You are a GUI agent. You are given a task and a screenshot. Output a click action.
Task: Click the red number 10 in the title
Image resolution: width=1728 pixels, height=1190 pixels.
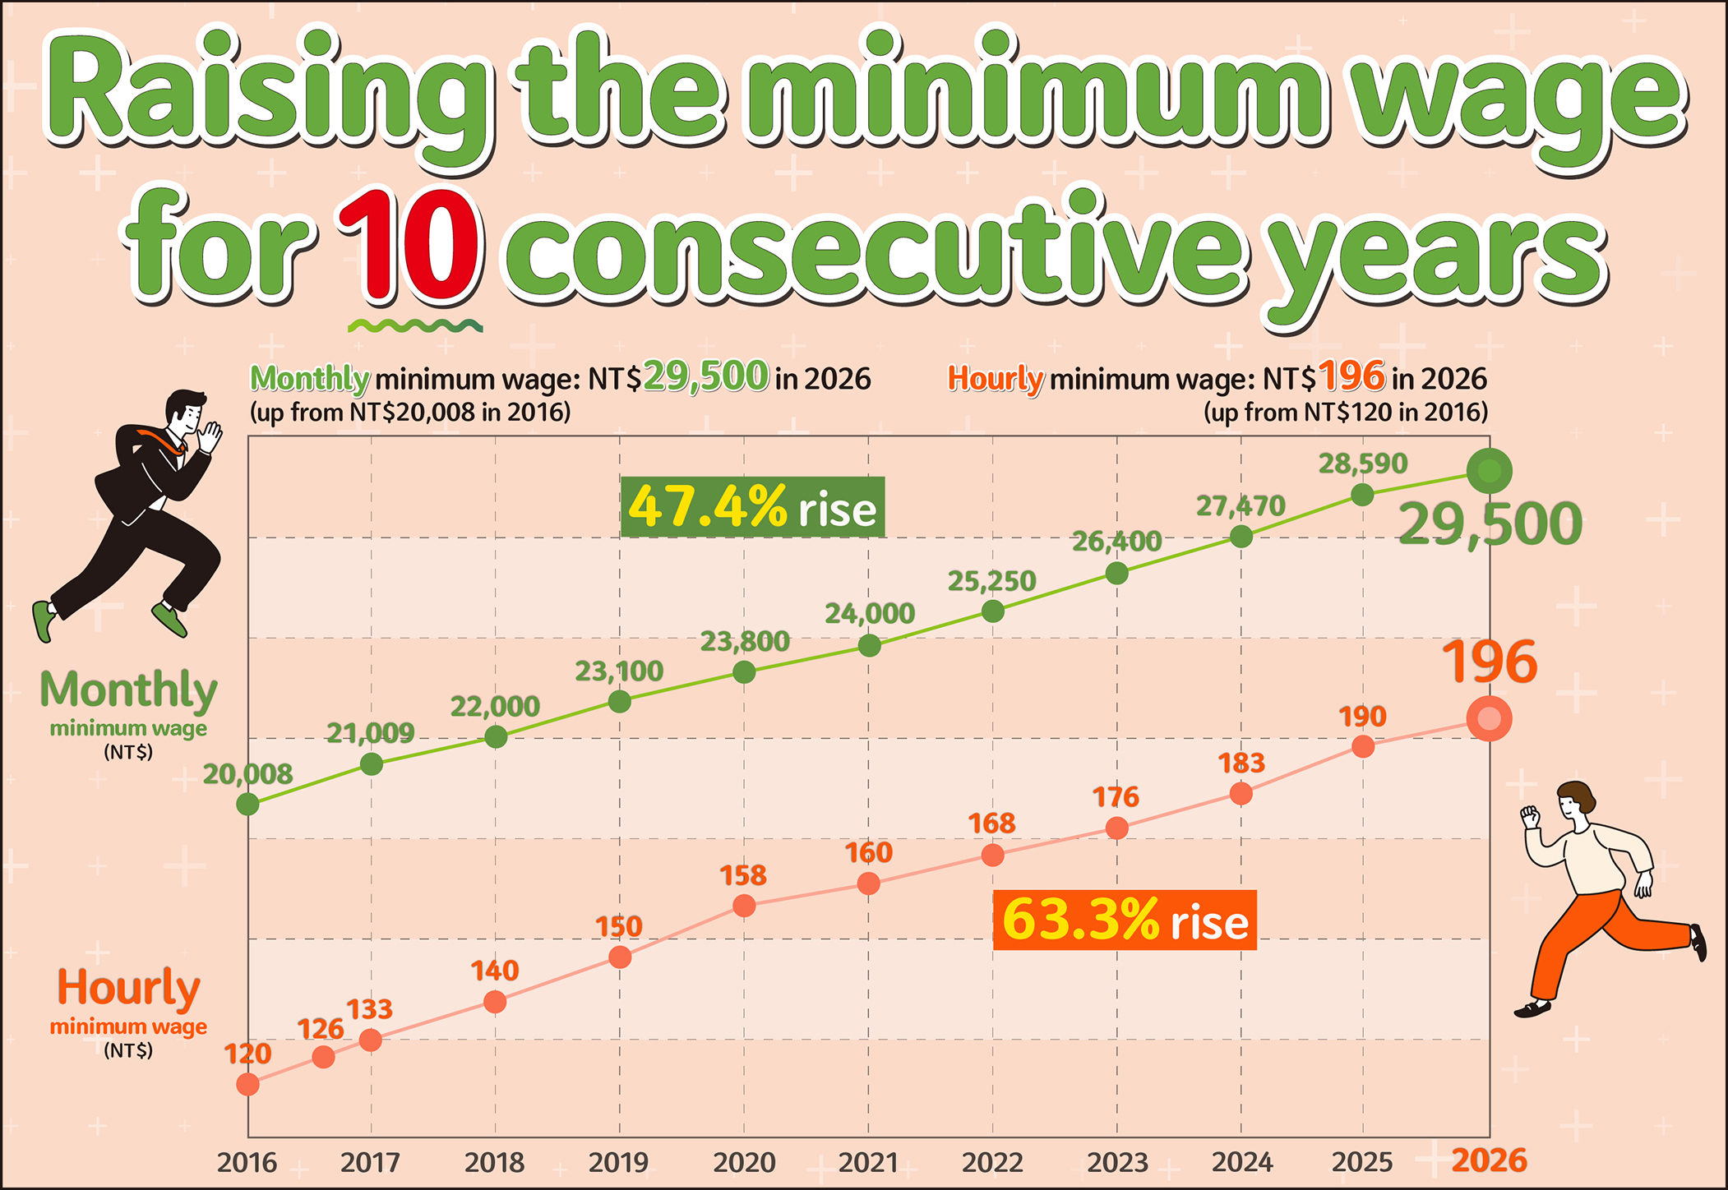[x=409, y=246]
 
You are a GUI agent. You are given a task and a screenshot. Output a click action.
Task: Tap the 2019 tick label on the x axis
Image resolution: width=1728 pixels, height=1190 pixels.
[x=618, y=1162]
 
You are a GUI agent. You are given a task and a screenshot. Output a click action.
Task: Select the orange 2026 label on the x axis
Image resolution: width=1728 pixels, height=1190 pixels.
[x=1489, y=1160]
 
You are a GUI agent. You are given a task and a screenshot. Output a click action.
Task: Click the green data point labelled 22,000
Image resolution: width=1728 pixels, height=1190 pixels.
[x=496, y=737]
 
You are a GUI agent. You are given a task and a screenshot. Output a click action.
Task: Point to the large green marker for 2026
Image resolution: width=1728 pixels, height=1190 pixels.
[x=1489, y=472]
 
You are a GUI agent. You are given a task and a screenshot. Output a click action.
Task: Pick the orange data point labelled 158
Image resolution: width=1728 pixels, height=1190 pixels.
[x=744, y=906]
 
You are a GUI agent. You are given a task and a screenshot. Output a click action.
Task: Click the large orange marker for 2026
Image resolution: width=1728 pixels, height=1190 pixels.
[x=1489, y=719]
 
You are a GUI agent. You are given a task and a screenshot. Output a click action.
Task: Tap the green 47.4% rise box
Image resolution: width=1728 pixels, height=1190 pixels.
[x=752, y=507]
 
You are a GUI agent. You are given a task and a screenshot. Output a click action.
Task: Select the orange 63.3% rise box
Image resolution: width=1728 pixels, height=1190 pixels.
[x=1125, y=920]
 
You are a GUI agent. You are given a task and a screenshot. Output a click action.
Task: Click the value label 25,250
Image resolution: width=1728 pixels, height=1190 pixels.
[x=991, y=582]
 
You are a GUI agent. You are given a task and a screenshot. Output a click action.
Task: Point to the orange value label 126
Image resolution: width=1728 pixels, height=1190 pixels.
[x=320, y=1029]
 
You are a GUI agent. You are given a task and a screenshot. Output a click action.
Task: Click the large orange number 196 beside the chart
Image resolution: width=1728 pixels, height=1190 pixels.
[x=1489, y=662]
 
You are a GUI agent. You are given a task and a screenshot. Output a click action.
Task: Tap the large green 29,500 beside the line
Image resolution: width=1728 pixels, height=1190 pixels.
[x=1490, y=524]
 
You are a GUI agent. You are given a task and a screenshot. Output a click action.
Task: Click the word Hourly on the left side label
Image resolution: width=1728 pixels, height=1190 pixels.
[x=128, y=987]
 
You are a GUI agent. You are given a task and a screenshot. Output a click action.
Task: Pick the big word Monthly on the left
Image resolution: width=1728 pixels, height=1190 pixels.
[x=128, y=690]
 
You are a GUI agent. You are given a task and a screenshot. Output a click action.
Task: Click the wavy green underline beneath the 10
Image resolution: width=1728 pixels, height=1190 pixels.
[x=415, y=326]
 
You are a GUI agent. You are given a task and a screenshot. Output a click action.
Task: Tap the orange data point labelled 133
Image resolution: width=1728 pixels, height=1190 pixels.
[x=371, y=1040]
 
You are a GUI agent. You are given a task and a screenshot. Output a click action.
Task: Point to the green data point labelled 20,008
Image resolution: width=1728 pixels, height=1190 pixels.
[x=247, y=804]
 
